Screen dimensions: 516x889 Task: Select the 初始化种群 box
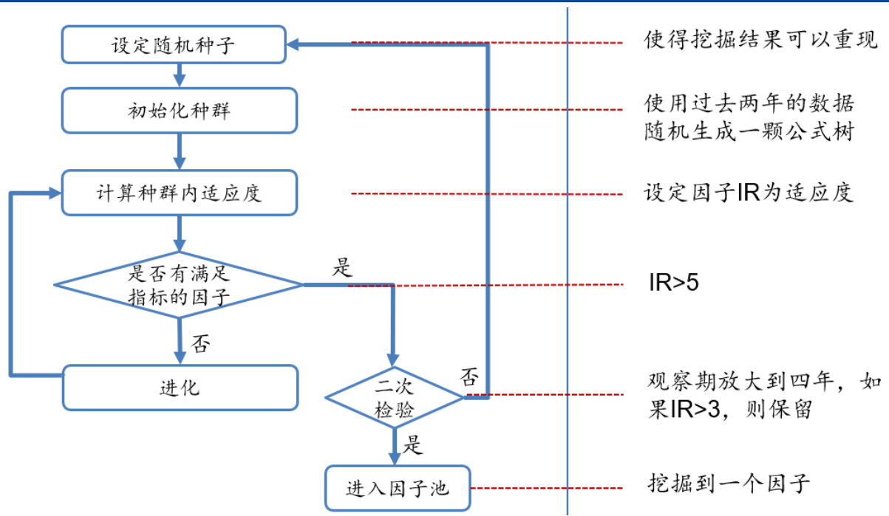point(179,111)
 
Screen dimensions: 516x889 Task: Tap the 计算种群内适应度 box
point(179,193)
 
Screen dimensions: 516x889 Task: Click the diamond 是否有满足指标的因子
point(179,285)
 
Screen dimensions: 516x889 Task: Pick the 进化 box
point(179,387)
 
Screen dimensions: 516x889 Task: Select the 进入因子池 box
point(397,488)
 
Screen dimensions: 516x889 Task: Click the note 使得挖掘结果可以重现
point(760,41)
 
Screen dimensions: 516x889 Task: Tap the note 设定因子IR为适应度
point(748,193)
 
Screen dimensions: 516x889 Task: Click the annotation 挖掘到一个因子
point(728,484)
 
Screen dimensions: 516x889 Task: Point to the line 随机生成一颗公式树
point(749,132)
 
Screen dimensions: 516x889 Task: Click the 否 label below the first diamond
point(200,343)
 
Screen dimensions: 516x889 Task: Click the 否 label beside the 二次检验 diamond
point(469,377)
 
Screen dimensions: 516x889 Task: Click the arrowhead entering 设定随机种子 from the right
point(293,45)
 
